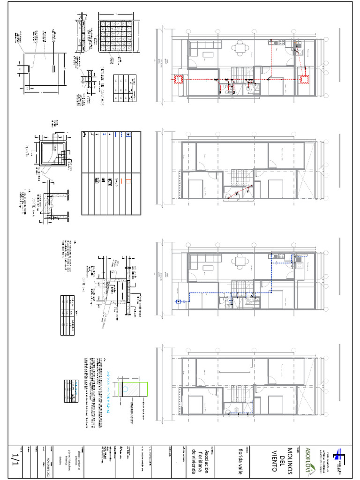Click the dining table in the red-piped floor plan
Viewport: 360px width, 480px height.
tap(240, 47)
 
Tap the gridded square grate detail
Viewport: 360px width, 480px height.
tap(118, 38)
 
